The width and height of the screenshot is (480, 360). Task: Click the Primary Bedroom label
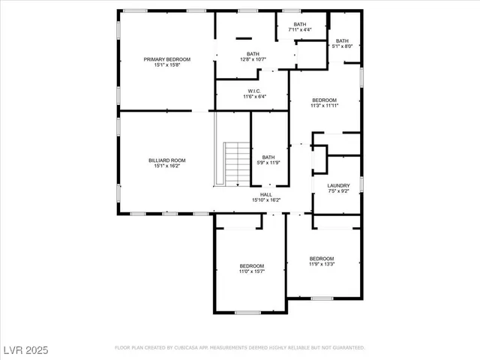coord(167,59)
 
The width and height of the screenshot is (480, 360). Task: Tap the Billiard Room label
coord(167,160)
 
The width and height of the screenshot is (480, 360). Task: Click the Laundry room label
coord(338,185)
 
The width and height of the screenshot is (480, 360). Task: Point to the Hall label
coord(265,194)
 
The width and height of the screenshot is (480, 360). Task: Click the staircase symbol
coord(237,164)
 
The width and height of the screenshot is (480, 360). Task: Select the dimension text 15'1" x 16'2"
coord(167,166)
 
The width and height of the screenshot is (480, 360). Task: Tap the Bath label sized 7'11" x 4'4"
coord(300,25)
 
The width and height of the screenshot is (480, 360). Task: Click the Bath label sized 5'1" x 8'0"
coord(342,41)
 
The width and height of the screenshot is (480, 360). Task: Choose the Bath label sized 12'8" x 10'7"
coord(253,54)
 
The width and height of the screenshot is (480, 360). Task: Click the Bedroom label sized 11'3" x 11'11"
coord(324,100)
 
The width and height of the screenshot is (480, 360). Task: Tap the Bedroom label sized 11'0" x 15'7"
coord(252,265)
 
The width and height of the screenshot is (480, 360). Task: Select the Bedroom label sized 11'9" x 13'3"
coord(322,259)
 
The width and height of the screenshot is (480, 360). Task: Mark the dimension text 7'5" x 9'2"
coord(338,191)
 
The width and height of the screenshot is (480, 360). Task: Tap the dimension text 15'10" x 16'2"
coord(265,200)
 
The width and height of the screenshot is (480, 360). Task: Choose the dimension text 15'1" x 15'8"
coord(167,65)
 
